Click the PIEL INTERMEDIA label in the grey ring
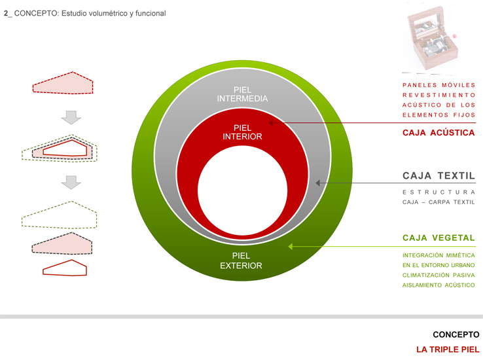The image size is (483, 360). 241,94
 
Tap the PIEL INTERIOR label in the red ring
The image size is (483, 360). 241,132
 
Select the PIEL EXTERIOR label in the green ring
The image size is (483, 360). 241,261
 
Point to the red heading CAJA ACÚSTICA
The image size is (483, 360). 438,132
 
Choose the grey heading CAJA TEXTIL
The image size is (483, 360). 438,176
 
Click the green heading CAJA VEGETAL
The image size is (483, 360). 438,238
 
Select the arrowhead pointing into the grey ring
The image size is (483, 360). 319,184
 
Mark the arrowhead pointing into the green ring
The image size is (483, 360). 293,247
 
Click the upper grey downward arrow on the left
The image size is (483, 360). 71,118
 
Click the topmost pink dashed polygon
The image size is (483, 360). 63,85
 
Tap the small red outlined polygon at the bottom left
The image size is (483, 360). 64,268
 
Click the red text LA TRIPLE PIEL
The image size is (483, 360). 448,349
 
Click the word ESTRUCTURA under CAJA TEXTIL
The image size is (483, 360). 438,192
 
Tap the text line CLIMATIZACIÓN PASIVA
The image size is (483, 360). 438,275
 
